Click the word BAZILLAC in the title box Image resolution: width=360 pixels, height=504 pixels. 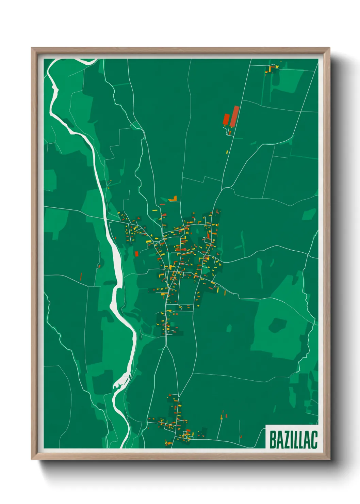(x=293, y=439)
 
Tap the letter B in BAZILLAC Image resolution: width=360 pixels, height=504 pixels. (x=273, y=439)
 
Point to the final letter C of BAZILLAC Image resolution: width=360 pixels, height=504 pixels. (x=314, y=439)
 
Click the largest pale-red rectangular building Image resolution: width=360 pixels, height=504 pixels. (x=235, y=116)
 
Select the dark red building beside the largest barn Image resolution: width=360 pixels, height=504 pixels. (x=226, y=120)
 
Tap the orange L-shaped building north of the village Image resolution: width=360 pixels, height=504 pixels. (x=174, y=199)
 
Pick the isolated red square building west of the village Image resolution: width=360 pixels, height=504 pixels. (x=136, y=254)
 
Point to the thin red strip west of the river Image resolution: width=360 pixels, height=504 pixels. (x=81, y=276)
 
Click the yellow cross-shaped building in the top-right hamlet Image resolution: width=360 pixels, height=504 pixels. (x=271, y=69)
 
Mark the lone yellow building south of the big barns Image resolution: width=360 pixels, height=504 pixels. (x=227, y=152)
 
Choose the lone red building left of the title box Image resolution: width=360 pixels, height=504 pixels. (x=241, y=437)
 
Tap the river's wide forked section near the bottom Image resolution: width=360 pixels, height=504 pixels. (x=121, y=383)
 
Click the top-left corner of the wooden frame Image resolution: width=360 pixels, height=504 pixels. (x=32, y=48)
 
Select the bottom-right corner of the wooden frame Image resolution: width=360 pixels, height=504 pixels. (x=329, y=459)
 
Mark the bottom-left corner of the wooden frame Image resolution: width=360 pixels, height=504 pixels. (x=32, y=459)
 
